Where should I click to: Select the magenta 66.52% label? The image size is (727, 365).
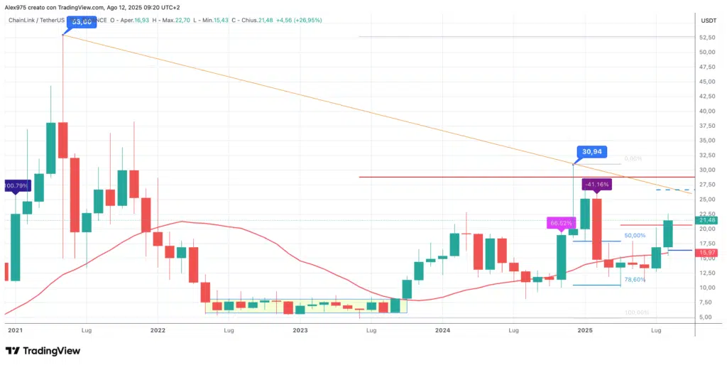click(x=559, y=223)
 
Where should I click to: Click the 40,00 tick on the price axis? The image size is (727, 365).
click(x=707, y=111)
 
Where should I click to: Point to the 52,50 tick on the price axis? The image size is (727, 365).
click(x=707, y=38)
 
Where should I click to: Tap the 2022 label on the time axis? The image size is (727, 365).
click(x=158, y=330)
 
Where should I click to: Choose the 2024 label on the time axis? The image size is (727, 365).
click(x=442, y=330)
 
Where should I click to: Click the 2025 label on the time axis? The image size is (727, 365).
click(x=585, y=330)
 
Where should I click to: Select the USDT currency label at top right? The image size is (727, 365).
click(x=709, y=21)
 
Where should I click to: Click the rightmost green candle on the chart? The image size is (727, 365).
click(x=668, y=234)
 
